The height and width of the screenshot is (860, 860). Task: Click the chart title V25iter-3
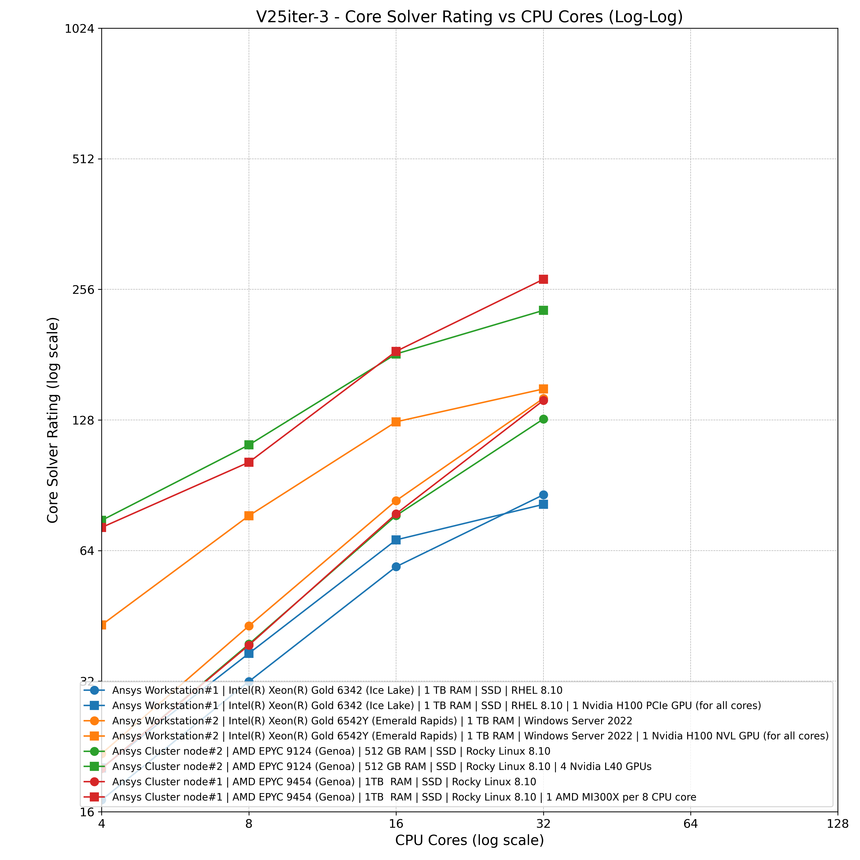click(469, 17)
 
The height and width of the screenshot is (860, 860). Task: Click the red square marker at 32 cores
click(543, 279)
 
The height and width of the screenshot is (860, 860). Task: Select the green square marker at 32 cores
click(543, 310)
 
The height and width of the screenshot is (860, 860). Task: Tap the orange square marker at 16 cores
click(396, 422)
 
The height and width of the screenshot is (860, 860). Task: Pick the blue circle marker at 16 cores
click(396, 567)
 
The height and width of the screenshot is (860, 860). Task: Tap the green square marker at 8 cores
click(249, 445)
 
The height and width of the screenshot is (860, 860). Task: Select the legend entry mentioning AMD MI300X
click(404, 797)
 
